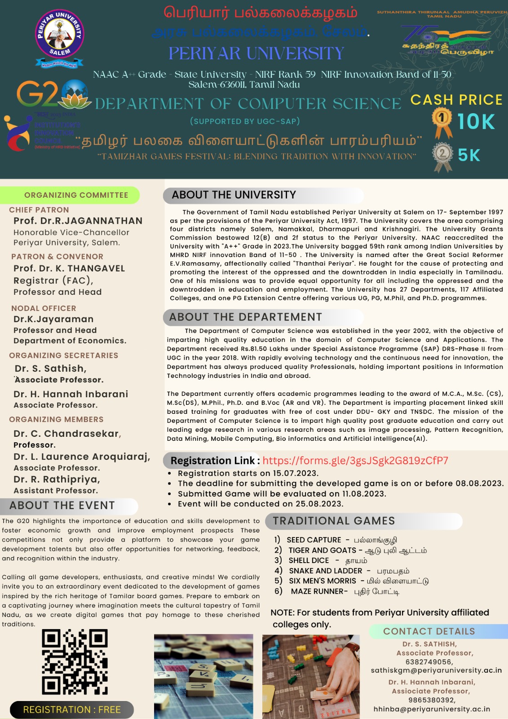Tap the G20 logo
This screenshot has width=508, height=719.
click(x=54, y=94)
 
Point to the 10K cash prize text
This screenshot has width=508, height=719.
click(x=476, y=122)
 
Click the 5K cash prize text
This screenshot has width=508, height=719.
click(x=469, y=155)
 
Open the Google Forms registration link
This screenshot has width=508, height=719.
click(x=355, y=461)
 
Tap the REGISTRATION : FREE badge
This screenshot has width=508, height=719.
click(x=72, y=710)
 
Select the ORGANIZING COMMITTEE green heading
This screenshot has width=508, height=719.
click(x=76, y=195)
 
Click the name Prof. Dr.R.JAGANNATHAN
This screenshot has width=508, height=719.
click(x=78, y=221)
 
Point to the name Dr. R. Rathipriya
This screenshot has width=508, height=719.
click(x=57, y=479)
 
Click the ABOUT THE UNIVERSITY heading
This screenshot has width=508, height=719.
click(x=234, y=195)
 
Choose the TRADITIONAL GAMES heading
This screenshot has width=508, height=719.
click(x=334, y=521)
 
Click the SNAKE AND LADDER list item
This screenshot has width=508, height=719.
click(x=325, y=571)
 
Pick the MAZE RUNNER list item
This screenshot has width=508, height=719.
click(x=319, y=591)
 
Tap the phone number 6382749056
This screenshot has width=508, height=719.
click(x=428, y=661)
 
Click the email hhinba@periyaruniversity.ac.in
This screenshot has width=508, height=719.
click(x=431, y=709)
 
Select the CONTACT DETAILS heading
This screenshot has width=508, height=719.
click(x=428, y=631)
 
